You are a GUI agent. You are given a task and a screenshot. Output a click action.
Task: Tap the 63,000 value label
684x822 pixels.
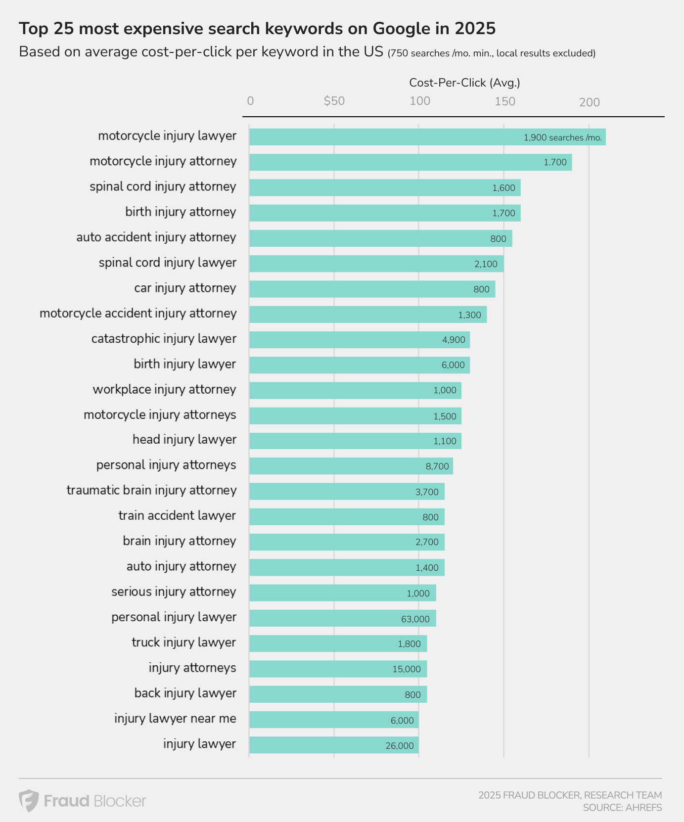[415, 619]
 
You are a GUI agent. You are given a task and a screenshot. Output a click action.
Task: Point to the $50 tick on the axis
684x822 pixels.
[334, 101]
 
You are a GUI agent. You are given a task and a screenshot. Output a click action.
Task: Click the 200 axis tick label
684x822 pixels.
[589, 102]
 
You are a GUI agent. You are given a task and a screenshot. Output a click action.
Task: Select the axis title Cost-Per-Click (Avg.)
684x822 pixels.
[464, 83]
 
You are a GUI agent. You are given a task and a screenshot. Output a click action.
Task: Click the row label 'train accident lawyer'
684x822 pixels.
[177, 516]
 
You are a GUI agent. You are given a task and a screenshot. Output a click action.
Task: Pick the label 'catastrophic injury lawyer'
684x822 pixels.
[164, 339]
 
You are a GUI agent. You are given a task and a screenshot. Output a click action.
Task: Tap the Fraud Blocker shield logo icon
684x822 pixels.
[29, 800]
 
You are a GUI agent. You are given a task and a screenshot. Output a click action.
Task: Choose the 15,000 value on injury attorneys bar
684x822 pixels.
[407, 669]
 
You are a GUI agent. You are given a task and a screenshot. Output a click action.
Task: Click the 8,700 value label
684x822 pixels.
[437, 466]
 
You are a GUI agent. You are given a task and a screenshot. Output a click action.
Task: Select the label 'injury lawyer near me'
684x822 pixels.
[175, 719]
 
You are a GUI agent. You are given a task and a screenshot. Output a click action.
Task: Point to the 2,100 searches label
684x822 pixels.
[486, 264]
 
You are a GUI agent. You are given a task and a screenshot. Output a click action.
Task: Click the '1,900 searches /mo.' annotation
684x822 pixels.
[562, 137]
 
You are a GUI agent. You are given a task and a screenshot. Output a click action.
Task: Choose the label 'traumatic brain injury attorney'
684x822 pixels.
[151, 491]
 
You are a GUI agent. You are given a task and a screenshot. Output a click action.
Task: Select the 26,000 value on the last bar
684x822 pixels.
[400, 745]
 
